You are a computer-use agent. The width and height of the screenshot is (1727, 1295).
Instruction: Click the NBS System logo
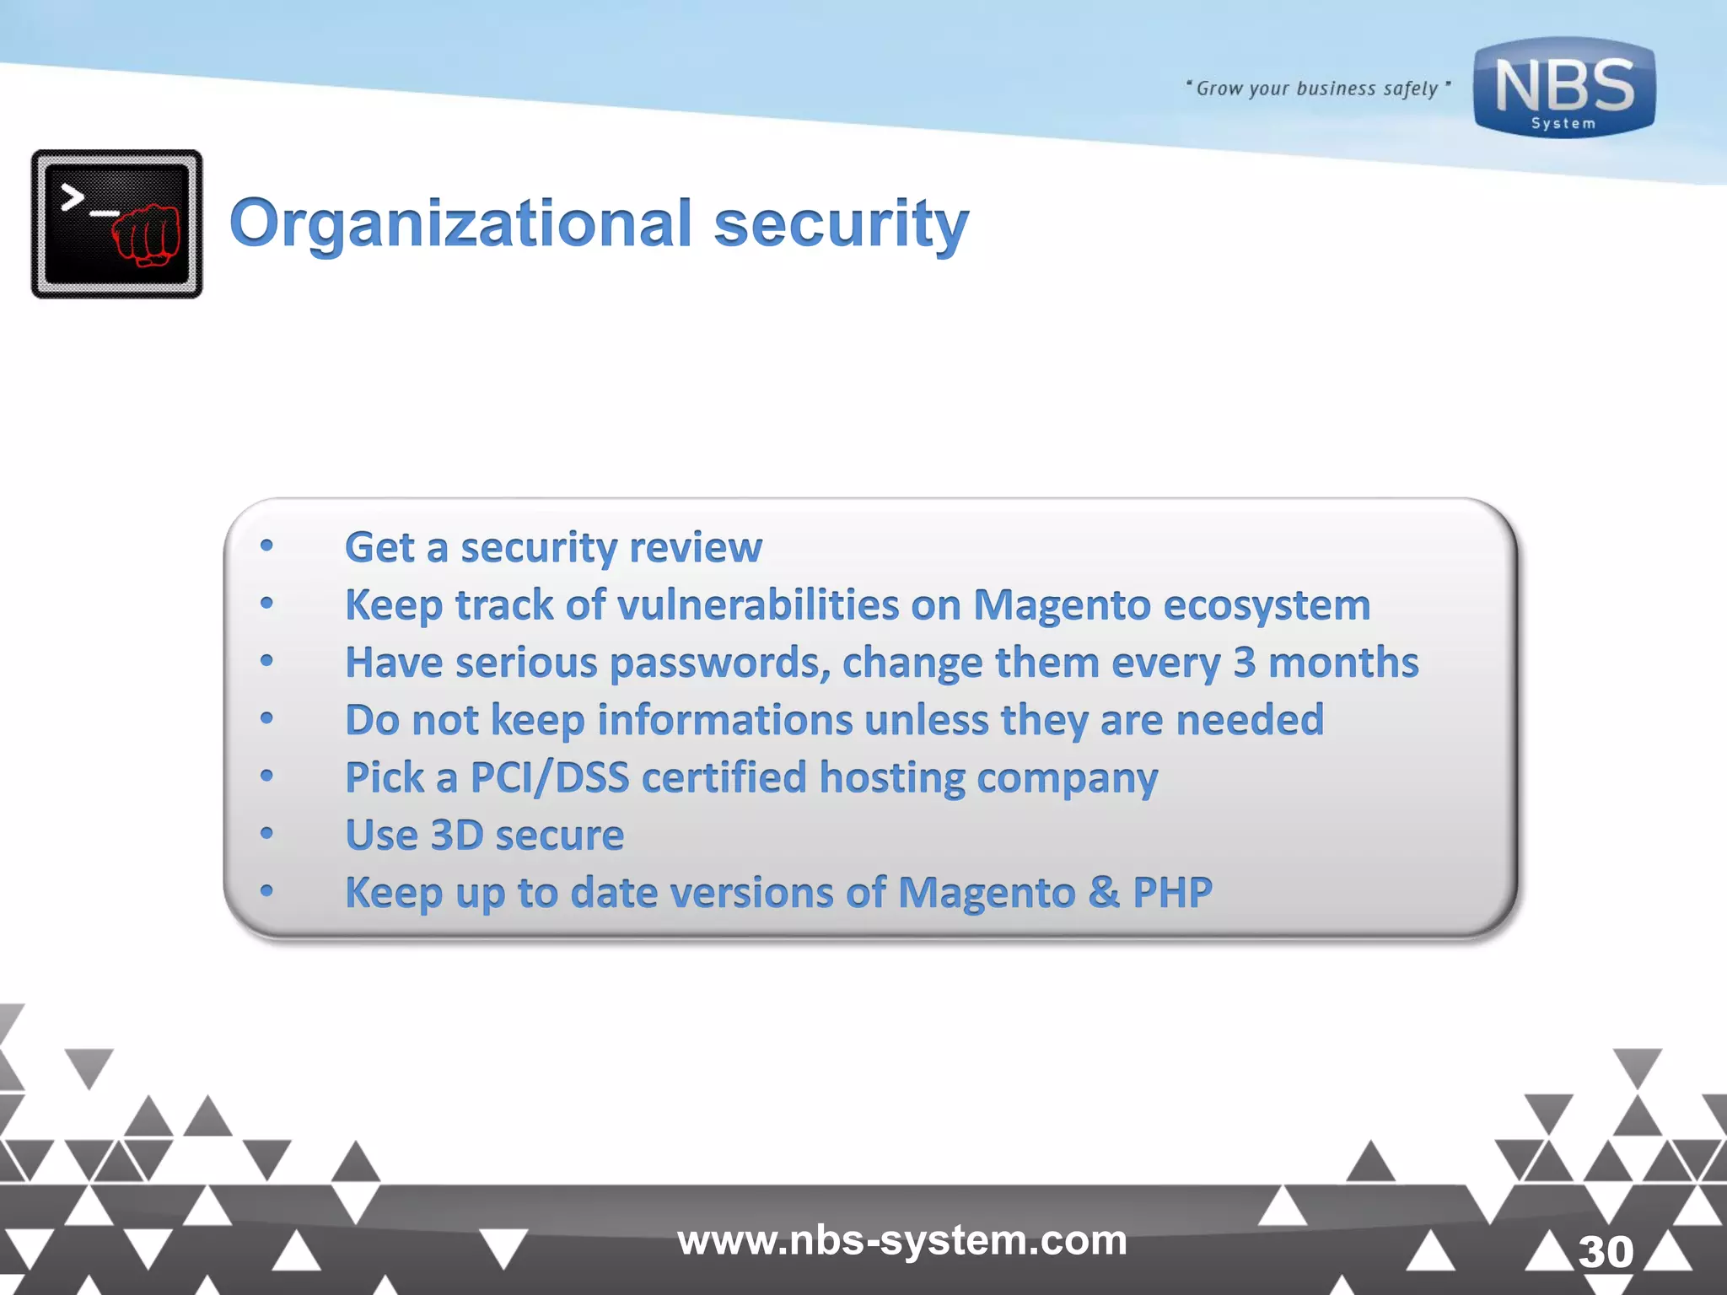pyautogui.click(x=1564, y=89)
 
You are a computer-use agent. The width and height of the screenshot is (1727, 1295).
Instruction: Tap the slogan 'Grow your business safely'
pyautogui.click(x=1317, y=89)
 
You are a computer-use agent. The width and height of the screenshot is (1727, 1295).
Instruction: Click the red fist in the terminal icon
pyautogui.click(x=147, y=234)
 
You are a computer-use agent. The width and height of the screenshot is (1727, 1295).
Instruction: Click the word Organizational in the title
pyautogui.click(x=460, y=223)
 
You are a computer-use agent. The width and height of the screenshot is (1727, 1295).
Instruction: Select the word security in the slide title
pyautogui.click(x=841, y=223)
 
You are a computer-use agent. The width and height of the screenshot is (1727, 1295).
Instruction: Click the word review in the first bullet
pyautogui.click(x=696, y=547)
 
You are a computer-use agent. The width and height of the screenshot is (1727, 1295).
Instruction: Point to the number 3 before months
pyautogui.click(x=1244, y=663)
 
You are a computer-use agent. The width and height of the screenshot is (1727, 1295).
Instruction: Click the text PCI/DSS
pyautogui.click(x=549, y=777)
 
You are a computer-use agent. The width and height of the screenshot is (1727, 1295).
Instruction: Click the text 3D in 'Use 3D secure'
pyautogui.click(x=455, y=835)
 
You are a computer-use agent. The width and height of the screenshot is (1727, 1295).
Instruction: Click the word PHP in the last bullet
pyautogui.click(x=1172, y=892)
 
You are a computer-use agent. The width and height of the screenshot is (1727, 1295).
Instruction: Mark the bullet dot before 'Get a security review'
pyautogui.click(x=266, y=546)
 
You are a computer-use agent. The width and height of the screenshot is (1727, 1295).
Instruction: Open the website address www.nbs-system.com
pyautogui.click(x=901, y=1240)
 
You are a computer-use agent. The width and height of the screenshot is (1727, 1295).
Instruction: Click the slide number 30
pyautogui.click(x=1606, y=1251)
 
